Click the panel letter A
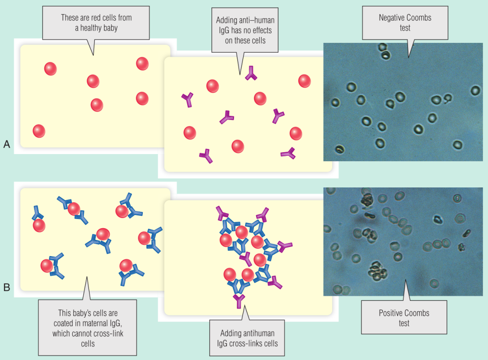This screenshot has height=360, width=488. pos(7,144)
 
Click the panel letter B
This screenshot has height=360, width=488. pos(7,287)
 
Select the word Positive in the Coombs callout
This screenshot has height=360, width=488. pos(391,313)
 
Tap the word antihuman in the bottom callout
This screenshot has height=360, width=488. pos(257,333)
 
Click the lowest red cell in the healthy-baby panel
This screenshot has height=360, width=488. pos(39,131)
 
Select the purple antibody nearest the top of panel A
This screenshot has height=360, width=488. pos(251,74)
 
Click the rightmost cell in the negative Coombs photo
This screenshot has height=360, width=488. pos(475,90)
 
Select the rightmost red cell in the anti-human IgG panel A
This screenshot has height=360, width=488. pos(305,81)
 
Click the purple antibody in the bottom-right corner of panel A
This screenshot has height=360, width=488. pos(288,154)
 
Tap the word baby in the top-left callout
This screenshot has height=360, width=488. pos(109,28)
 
